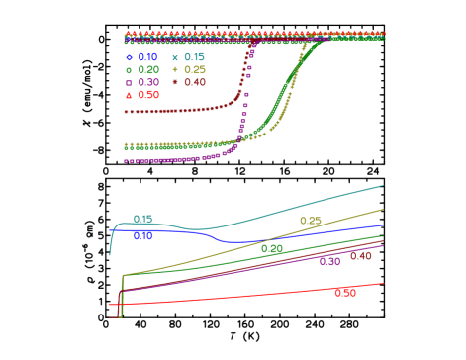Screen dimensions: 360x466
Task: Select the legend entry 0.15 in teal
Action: point(194,58)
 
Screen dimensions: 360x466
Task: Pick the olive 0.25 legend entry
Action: point(195,70)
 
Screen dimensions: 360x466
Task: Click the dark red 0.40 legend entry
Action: point(195,82)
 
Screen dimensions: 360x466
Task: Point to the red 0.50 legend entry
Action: point(147,95)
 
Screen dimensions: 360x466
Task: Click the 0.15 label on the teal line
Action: point(143,220)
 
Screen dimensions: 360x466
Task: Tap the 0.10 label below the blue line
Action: point(143,236)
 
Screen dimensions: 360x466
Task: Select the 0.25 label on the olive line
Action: point(310,222)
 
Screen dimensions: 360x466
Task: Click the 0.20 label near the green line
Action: point(272,249)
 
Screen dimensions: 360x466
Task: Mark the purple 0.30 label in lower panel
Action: point(329,262)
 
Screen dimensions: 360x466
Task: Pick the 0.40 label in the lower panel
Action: point(360,256)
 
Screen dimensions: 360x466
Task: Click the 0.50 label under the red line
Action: point(344,293)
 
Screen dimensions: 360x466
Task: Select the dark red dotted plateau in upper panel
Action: point(178,111)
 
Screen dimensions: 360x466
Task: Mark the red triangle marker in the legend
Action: point(128,95)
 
